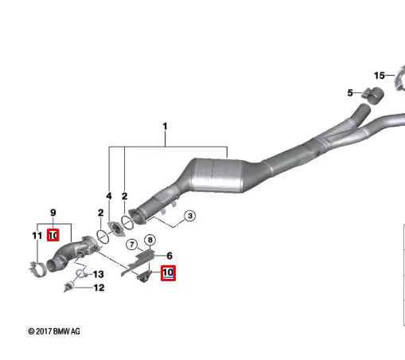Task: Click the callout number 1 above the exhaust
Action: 166,126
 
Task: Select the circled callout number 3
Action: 189,216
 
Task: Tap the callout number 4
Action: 109,195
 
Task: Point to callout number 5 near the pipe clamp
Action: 349,93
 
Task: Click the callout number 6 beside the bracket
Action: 169,256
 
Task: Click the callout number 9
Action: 53,213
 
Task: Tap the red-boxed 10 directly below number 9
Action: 53,235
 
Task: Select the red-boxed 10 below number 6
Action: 168,273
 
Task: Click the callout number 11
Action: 37,235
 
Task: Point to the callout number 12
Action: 99,288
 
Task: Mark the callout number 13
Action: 98,274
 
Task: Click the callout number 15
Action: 380,76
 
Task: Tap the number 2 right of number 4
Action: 125,195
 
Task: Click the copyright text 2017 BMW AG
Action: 54,331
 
